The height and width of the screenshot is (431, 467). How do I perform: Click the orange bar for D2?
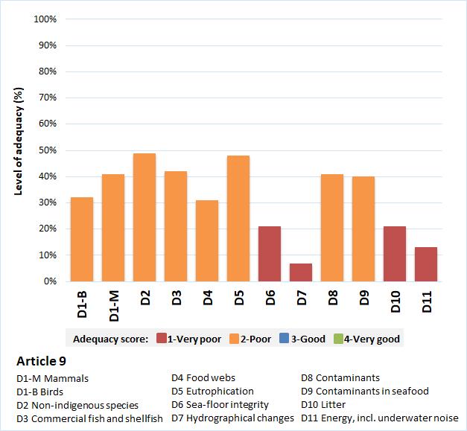click(x=144, y=217)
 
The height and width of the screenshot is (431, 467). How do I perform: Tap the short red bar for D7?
click(x=301, y=272)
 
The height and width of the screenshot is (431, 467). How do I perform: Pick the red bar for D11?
click(x=426, y=264)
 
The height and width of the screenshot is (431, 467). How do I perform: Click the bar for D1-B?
click(x=82, y=239)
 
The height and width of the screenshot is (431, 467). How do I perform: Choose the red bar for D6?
click(x=270, y=254)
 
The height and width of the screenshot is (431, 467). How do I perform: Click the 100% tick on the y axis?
click(x=45, y=19)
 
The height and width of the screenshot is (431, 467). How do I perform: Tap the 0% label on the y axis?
click(x=50, y=281)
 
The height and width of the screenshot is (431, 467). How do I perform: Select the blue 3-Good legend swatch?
click(x=283, y=339)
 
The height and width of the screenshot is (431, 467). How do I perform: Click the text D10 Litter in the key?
click(x=323, y=404)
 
